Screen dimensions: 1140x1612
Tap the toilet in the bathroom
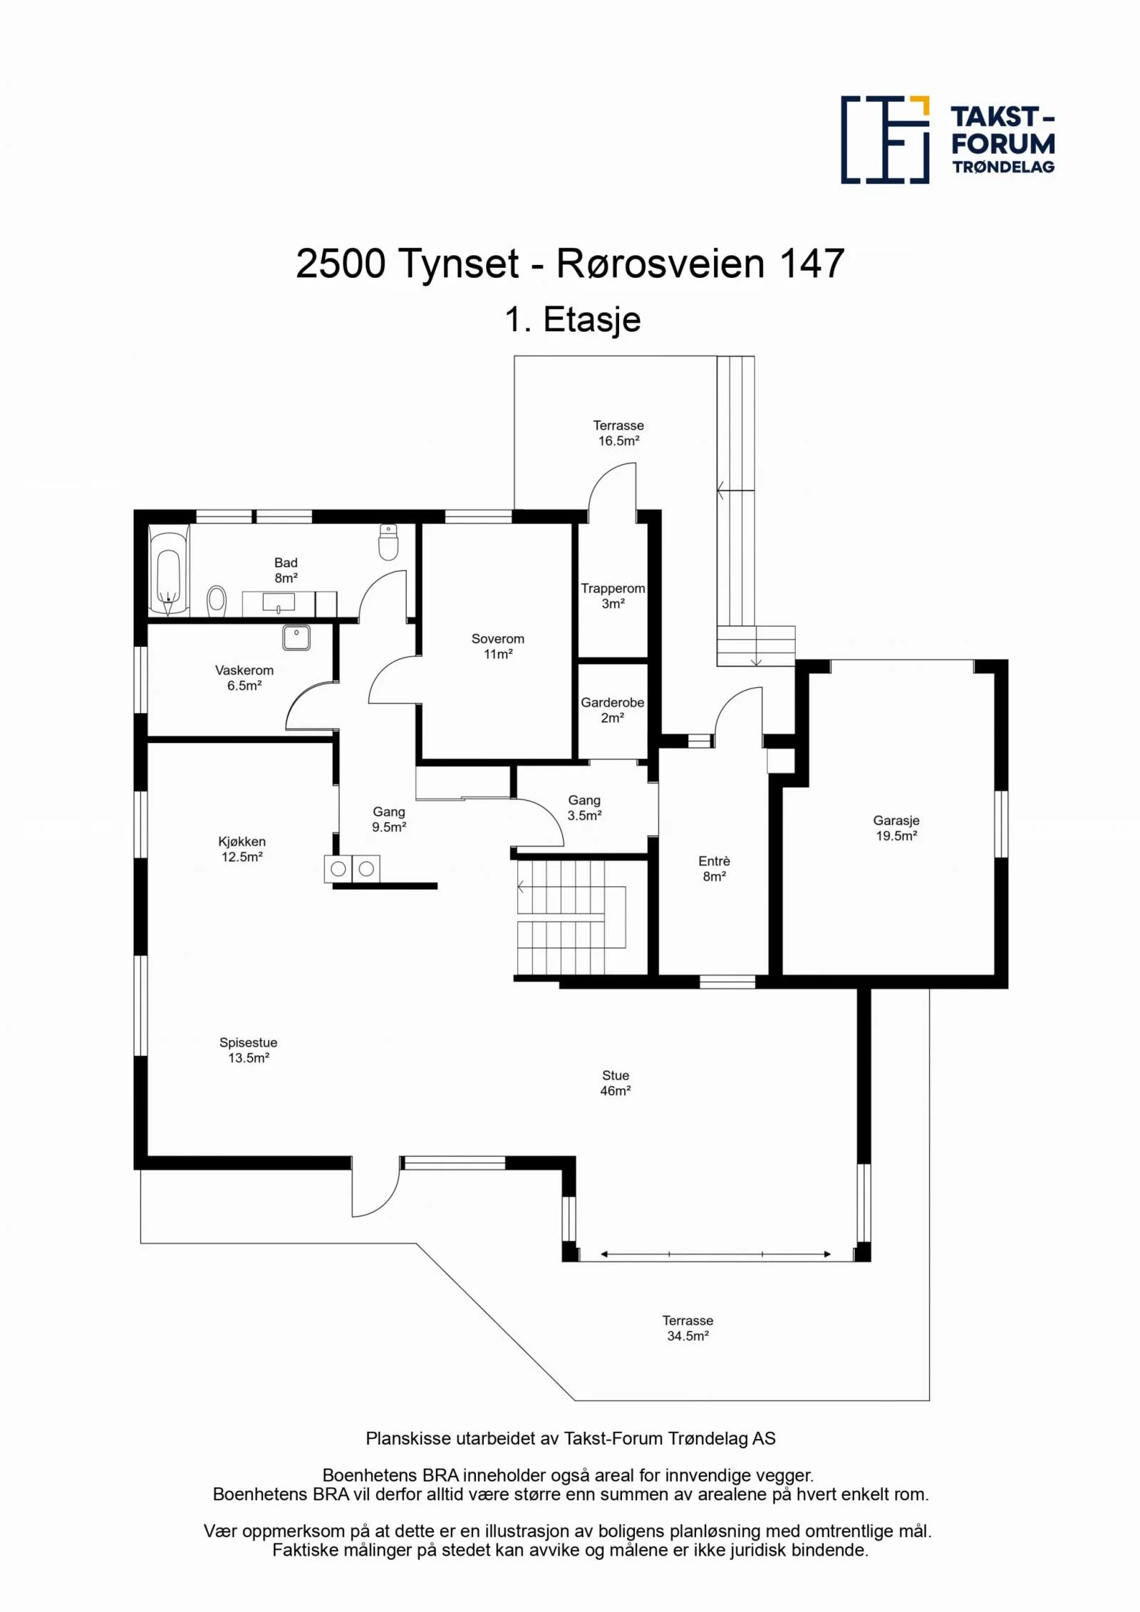tap(388, 542)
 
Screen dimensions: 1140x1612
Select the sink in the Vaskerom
tap(296, 638)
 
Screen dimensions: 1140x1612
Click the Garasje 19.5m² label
tap(896, 828)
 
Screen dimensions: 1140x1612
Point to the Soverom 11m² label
tap(498, 646)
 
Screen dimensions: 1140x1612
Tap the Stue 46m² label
tap(616, 1083)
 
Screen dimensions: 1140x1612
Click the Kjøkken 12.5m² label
tap(242, 849)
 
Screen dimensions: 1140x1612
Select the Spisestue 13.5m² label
tap(248, 1050)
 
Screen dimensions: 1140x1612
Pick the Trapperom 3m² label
tap(613, 596)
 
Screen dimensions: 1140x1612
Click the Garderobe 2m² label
tap(613, 709)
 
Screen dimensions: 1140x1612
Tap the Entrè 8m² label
tap(714, 868)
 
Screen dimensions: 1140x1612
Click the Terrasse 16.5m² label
tap(618, 432)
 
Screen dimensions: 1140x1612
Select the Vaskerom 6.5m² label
tap(244, 677)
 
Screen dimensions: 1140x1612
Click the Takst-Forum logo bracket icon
tap(885, 140)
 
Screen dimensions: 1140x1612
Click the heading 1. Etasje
tap(573, 319)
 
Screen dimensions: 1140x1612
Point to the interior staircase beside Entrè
tap(571, 917)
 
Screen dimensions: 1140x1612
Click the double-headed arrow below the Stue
tap(715, 1254)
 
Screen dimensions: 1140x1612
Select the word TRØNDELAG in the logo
tap(1003, 167)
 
